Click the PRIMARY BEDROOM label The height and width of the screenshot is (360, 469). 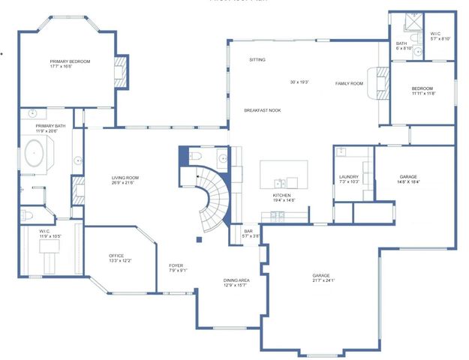click(x=70, y=61)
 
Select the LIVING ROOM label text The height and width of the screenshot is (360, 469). click(x=125, y=178)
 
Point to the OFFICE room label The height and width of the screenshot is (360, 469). click(x=121, y=256)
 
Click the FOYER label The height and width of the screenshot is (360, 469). click(x=176, y=265)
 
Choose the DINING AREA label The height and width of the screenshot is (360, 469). click(x=236, y=280)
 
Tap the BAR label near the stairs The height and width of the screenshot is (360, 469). click(x=248, y=231)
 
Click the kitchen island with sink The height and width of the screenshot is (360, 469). click(x=283, y=174)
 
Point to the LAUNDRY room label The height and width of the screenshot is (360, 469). click(x=350, y=177)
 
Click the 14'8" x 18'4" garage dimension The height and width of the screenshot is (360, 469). click(x=408, y=181)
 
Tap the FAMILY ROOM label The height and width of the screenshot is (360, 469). click(x=348, y=83)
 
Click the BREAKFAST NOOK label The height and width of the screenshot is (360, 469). click(x=262, y=110)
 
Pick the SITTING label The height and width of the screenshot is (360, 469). click(x=257, y=59)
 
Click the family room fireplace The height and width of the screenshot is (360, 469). click(x=382, y=83)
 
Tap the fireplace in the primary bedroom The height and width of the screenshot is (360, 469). click(x=118, y=72)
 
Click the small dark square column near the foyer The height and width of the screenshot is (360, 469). click(x=198, y=240)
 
